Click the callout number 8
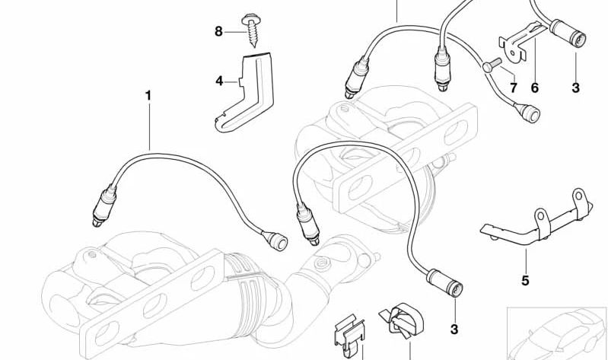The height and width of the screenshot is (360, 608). coord(218,31)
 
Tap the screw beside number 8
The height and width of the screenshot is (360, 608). coord(251,30)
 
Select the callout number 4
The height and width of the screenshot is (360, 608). coord(219,81)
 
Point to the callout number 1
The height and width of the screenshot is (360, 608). coord(148,95)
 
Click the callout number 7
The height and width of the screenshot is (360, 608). coord(514,88)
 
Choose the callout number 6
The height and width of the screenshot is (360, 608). coord(535,88)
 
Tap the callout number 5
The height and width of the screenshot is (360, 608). coord(525,280)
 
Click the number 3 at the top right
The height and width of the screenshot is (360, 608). coord(575,88)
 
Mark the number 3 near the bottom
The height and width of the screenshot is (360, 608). coord(454,330)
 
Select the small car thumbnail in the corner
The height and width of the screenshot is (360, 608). coord(557,333)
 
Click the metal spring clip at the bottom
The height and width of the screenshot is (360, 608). coord(349,337)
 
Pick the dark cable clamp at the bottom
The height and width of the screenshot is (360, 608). coord(402,323)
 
